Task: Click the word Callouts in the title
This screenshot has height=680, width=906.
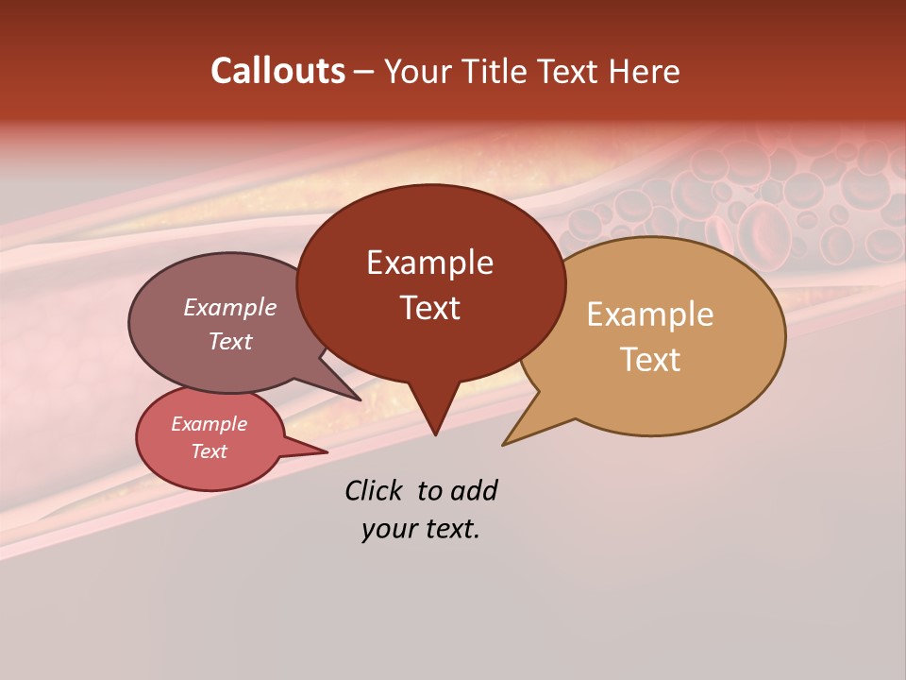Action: (x=277, y=71)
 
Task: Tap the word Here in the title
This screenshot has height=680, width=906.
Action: (x=645, y=71)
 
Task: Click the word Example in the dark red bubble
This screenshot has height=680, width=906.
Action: (x=429, y=263)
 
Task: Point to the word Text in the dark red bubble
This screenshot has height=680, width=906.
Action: (x=429, y=308)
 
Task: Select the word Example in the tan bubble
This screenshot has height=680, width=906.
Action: (x=650, y=314)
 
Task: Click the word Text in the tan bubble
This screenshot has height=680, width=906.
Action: (x=650, y=360)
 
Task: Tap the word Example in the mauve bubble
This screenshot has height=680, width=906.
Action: (x=229, y=308)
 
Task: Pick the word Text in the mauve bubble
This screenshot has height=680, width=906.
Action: (x=229, y=341)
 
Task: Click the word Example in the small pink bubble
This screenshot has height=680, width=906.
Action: (x=209, y=424)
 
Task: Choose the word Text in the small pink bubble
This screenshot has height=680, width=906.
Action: (x=209, y=451)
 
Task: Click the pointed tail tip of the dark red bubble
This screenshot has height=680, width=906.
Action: (x=435, y=433)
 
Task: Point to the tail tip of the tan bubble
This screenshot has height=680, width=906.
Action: (x=504, y=444)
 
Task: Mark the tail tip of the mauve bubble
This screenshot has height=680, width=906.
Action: (x=360, y=399)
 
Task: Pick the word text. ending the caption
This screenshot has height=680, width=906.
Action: (x=450, y=529)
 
